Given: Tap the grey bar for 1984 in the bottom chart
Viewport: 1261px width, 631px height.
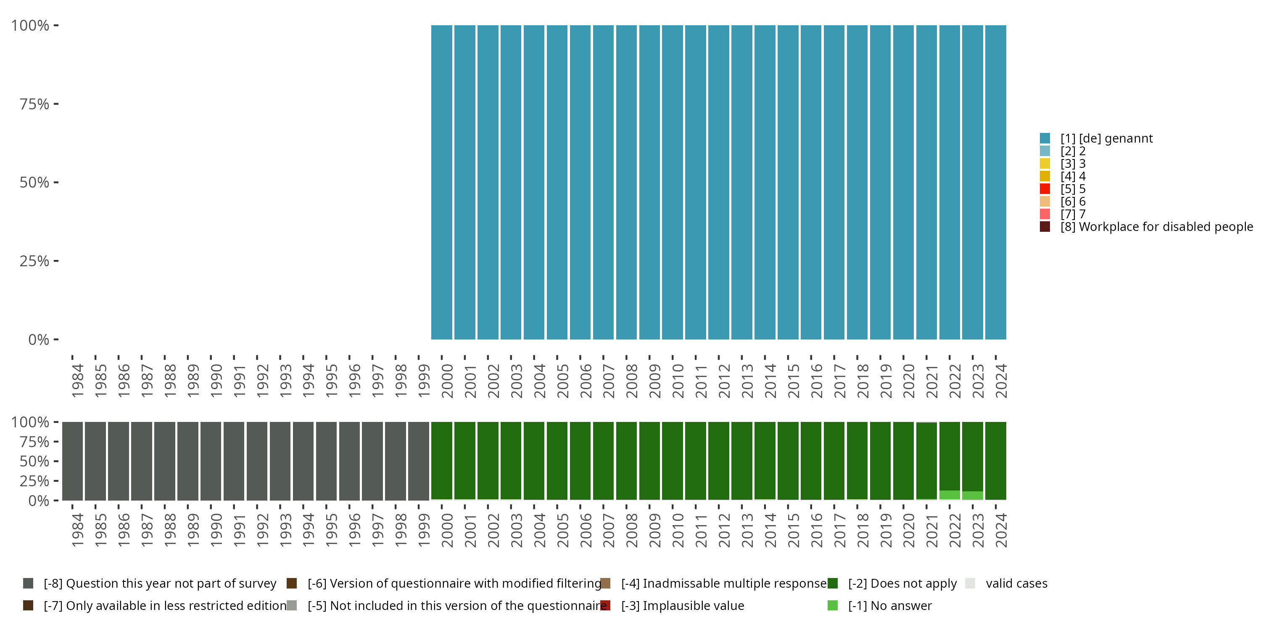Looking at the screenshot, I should click(72, 461).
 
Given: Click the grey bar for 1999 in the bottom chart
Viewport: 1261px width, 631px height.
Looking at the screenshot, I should click(419, 461).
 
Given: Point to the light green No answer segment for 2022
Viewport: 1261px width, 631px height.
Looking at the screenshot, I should click(949, 495).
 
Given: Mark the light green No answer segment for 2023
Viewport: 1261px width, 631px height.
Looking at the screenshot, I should click(972, 495).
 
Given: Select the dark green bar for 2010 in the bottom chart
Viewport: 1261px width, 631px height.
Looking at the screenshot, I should click(672, 461).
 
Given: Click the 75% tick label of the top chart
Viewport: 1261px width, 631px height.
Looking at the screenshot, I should click(34, 104).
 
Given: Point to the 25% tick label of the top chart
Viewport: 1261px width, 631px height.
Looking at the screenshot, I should click(34, 261).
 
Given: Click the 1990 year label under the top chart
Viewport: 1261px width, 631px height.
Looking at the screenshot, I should click(216, 381).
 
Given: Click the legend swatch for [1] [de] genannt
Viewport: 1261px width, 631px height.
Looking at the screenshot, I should click(1045, 138).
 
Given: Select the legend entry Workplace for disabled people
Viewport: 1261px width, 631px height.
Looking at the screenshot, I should click(1155, 227).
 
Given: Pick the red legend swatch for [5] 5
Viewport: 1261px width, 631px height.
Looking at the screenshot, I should click(1045, 188).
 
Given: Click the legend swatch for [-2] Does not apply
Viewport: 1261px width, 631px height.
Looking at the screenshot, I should click(832, 583).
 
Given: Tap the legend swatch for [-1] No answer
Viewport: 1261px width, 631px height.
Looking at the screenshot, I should click(832, 605).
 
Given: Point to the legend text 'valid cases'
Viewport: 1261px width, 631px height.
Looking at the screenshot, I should click(1016, 583).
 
